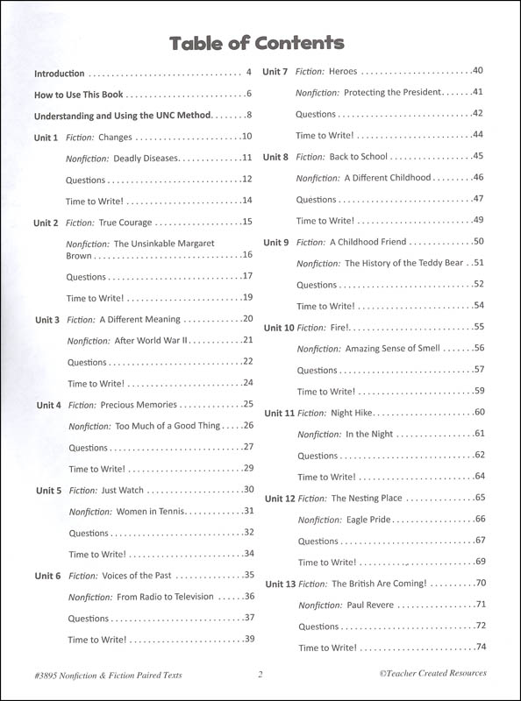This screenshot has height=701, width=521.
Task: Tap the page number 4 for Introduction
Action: [249, 73]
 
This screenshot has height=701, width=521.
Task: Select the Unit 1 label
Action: [46, 138]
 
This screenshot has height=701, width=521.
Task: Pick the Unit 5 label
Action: [47, 491]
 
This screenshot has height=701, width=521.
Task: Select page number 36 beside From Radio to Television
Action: [248, 597]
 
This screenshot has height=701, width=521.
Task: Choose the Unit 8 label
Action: [276, 157]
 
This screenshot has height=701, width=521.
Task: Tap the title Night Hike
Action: [354, 413]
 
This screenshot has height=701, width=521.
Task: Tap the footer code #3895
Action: [48, 674]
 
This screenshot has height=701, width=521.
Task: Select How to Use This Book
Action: [79, 94]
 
